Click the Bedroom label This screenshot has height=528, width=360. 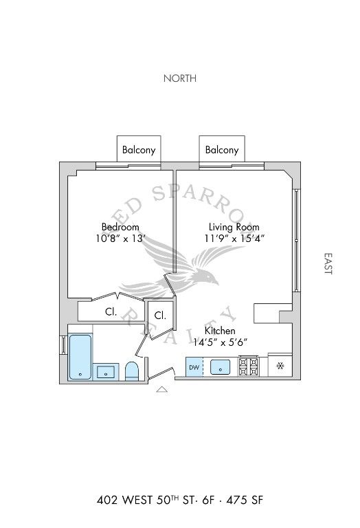coord(120,227)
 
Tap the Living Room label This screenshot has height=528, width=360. coord(234,227)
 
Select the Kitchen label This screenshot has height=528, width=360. coord(220,330)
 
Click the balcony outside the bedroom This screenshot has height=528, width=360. coord(139,149)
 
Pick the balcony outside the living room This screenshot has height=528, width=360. coord(222,149)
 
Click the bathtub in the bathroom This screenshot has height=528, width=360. coord(80,357)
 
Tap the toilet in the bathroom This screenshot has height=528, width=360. coord(131,371)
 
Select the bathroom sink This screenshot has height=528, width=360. coord(106,372)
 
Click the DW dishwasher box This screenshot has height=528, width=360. coord(194,367)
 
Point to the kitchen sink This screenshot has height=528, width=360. coord(220,366)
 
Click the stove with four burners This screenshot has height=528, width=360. coord(249,366)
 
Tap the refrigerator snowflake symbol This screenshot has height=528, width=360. coord(280,366)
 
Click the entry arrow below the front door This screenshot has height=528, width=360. coord(162,389)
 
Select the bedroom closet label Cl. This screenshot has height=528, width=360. coord(111,312)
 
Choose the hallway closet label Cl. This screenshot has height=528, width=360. coord(160,316)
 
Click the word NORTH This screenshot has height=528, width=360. coord(180,78)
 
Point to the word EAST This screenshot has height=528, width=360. coord(328,264)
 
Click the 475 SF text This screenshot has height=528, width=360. coord(245,500)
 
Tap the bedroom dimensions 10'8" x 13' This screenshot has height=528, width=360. coord(120,239)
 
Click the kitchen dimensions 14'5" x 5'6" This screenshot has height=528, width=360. coord(220,342)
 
